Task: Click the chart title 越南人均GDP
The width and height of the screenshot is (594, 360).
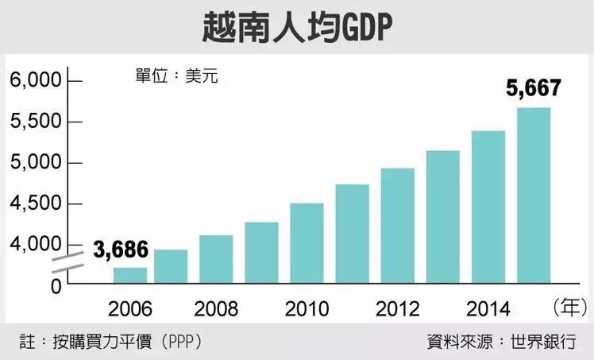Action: coord(297,28)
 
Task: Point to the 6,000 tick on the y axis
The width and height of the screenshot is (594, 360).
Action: coord(35,81)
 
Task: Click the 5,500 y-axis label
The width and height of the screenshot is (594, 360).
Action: coord(35,122)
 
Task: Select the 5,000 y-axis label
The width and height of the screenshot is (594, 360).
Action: coord(35,163)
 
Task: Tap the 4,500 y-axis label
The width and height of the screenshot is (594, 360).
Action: coord(35,204)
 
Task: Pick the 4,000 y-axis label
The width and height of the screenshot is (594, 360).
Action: coord(35,245)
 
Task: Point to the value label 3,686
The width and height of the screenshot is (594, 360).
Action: coord(120,250)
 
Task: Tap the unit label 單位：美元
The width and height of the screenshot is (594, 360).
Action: coord(175,77)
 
